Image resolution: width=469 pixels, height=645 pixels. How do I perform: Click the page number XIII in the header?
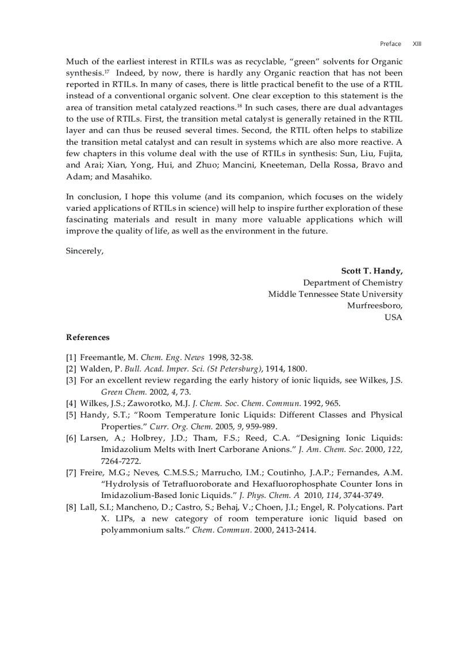[417, 44]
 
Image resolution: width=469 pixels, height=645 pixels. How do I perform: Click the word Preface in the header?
[390, 44]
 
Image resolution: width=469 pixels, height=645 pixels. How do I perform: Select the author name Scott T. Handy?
[371, 271]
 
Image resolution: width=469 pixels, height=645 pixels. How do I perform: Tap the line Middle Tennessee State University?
[335, 294]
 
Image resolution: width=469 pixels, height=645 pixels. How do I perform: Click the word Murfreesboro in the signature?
[374, 306]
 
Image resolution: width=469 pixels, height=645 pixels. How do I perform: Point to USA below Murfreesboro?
[393, 317]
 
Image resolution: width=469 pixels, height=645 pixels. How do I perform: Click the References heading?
[87, 337]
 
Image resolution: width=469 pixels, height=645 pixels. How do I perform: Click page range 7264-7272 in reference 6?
[121, 461]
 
